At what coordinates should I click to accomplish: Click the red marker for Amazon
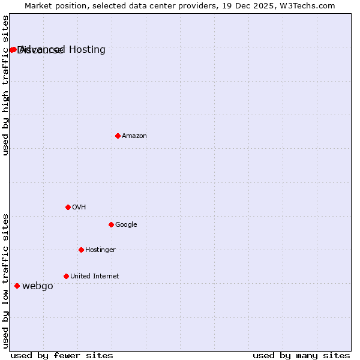[x=118, y=136]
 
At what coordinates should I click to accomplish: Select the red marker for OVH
[x=68, y=207]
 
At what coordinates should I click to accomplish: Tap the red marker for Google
[x=111, y=224]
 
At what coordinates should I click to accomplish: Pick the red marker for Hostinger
[x=81, y=250]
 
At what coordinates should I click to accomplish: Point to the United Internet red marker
[x=66, y=276]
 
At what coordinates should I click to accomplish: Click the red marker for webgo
[x=17, y=286]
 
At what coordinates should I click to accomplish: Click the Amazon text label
[x=134, y=136]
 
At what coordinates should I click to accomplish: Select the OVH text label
[x=79, y=208]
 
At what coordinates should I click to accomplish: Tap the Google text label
[x=126, y=225]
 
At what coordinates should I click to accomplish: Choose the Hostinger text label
[x=100, y=250]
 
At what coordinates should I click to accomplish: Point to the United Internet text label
[x=94, y=277]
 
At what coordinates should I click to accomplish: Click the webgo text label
[x=37, y=286]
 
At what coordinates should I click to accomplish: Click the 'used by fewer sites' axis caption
[x=62, y=355]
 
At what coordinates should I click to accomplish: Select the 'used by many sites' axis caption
[x=301, y=355]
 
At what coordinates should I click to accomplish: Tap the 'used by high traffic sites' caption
[x=5, y=86]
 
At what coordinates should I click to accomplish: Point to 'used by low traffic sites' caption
[x=5, y=281]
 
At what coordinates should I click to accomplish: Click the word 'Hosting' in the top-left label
[x=87, y=49]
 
